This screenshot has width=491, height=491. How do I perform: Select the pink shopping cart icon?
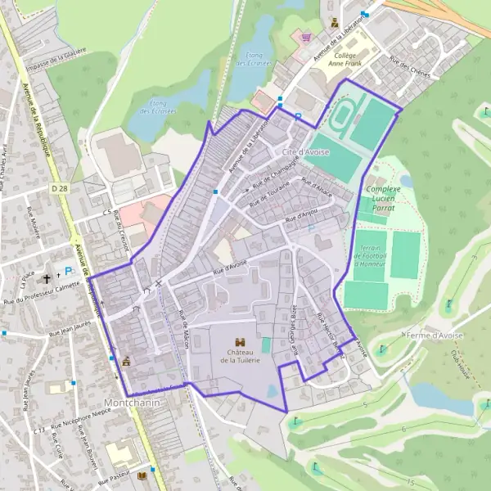305,37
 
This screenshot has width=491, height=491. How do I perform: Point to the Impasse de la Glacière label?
56,58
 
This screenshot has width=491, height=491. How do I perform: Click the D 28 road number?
58,188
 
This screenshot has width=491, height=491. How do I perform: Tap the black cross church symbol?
47,278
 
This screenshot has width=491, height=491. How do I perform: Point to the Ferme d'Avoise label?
434,335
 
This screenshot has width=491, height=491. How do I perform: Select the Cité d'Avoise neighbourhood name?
305,152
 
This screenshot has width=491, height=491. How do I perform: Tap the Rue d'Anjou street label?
301,215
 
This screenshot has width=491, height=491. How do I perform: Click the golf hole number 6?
403,429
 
